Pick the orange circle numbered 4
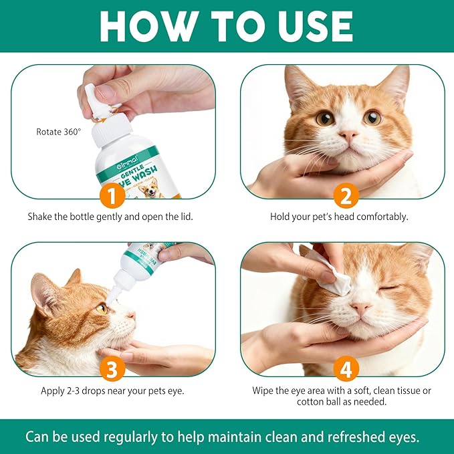tap(346, 368)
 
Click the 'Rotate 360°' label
tap(58, 132)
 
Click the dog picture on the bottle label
tap(153, 189)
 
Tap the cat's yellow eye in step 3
tap(102, 308)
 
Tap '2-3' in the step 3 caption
tap(78, 390)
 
